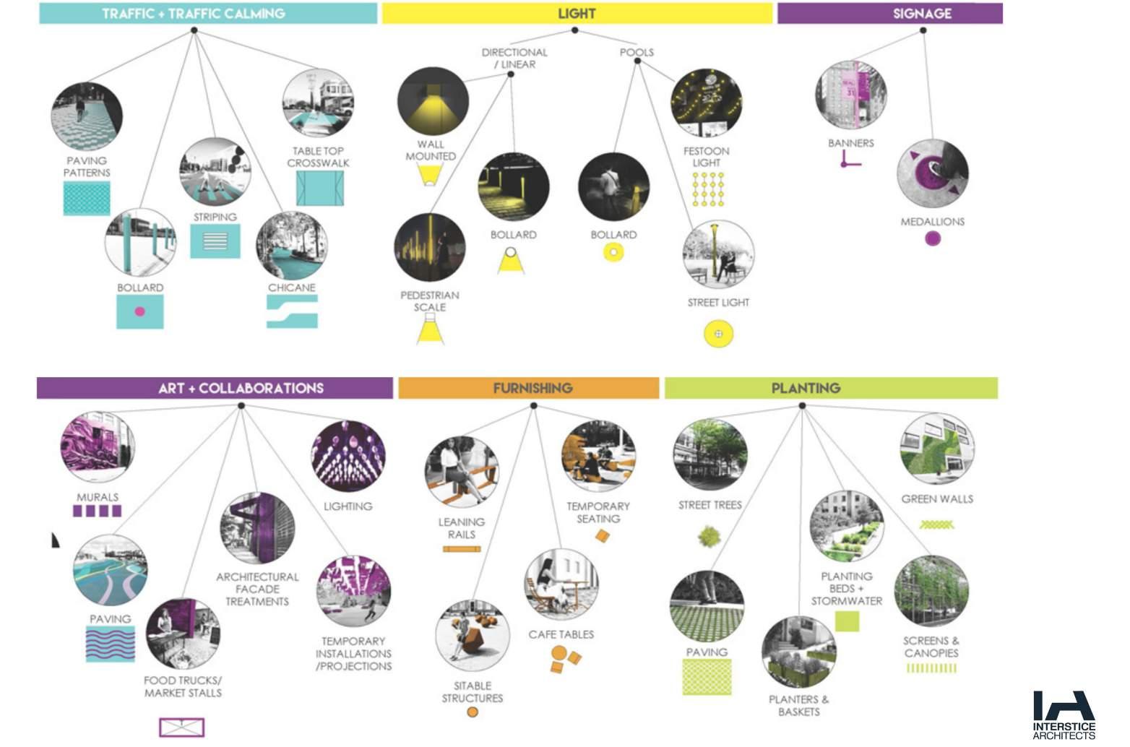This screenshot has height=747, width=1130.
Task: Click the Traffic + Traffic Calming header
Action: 208,13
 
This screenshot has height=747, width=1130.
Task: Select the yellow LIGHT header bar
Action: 577,13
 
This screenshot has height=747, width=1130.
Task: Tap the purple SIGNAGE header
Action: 889,13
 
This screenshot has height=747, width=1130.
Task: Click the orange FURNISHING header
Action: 528,388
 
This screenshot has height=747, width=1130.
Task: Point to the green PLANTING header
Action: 831,388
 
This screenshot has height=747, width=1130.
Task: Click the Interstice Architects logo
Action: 1064,714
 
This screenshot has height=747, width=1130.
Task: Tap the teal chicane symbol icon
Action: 292,311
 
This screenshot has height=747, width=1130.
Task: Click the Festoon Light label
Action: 706,157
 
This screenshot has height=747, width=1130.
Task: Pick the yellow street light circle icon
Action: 718,334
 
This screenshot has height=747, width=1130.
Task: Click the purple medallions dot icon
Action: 932,238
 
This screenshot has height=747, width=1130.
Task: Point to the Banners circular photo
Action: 850,95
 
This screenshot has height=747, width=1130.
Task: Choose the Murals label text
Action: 98,497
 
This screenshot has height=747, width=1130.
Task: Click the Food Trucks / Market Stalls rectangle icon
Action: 182,726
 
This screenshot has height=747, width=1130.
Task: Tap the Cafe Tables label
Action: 561,634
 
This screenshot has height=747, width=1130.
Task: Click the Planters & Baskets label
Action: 798,705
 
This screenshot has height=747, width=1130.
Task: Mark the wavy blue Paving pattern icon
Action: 110,644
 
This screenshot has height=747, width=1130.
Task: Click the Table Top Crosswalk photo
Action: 318,103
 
